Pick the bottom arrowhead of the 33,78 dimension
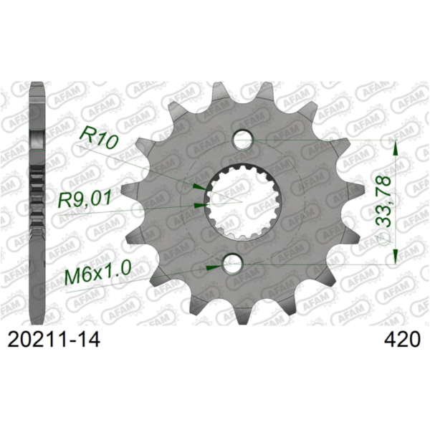[392, 259]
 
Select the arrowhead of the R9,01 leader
[200, 205]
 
